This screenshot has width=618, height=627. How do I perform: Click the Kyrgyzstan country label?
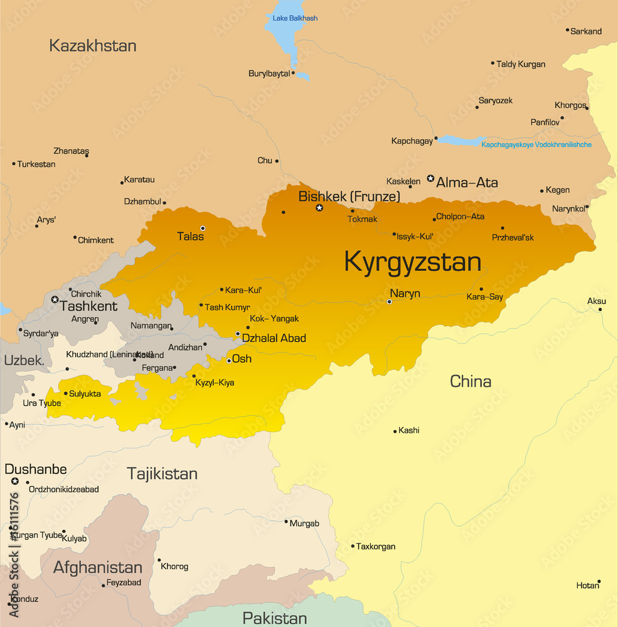412,262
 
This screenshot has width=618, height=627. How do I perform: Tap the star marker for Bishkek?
319,208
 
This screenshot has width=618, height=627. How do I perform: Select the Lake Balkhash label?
295,18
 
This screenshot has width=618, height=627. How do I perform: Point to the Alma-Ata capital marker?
430,179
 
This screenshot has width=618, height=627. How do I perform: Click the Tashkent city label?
88,307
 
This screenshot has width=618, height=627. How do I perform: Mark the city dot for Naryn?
389,302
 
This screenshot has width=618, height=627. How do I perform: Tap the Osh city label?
242,359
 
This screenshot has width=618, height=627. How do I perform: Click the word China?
471,381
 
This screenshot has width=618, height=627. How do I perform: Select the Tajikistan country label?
162,473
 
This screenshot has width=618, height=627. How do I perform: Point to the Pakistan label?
275,618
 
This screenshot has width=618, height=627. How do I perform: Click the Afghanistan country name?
98,567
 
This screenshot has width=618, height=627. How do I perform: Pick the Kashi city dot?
395,431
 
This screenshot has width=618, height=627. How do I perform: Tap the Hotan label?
587,586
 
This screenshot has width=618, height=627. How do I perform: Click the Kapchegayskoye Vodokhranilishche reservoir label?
536,145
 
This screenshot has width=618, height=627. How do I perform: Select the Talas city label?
190,237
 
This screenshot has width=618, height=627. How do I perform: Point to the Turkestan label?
36,164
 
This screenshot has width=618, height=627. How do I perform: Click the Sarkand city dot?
567,30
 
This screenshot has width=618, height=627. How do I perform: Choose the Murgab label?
306,524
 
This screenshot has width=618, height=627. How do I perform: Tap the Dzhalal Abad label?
274,339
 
